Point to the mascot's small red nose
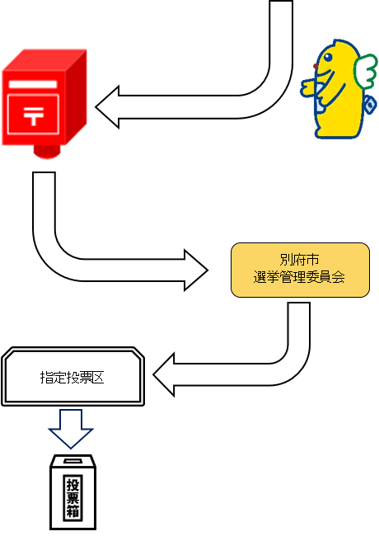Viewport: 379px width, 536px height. pyautogui.click(x=316, y=66)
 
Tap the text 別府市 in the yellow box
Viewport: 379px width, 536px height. pyautogui.click(x=299, y=260)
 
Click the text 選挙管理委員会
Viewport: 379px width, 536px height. pyautogui.click(x=299, y=278)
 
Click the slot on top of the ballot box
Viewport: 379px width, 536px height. pyautogui.click(x=73, y=461)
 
